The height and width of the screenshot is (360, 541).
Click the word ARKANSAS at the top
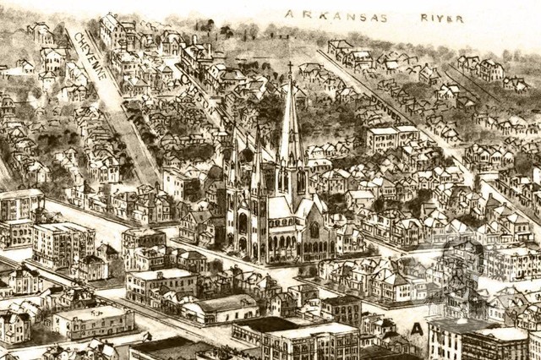(336, 16)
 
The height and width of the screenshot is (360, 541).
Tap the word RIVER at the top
(441, 17)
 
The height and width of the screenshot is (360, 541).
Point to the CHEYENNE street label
(89, 55)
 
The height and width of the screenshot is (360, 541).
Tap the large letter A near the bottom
(416, 328)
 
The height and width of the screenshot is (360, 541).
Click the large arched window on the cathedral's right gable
(314, 229)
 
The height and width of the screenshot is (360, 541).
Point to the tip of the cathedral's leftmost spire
(233, 127)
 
